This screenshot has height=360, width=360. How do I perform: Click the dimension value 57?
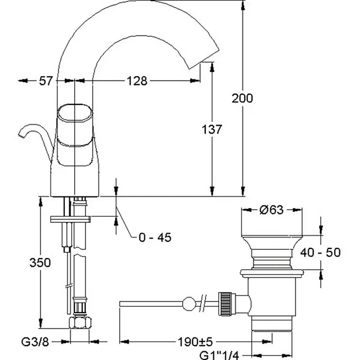(45, 81)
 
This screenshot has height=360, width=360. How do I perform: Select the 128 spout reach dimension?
(137, 81)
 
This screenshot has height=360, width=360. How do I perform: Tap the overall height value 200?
(243, 98)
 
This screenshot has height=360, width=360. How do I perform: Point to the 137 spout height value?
(211, 130)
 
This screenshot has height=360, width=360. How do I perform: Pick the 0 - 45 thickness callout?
(154, 238)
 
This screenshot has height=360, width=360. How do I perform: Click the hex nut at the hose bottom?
(80, 323)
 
